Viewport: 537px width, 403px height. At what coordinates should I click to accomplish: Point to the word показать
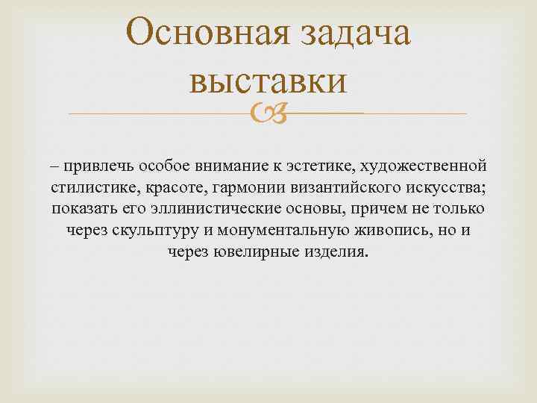[86, 207]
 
